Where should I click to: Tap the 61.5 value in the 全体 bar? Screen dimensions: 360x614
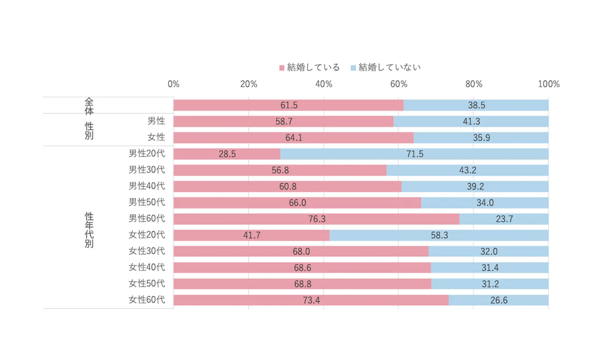(x=289, y=105)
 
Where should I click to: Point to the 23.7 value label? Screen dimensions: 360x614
(x=504, y=219)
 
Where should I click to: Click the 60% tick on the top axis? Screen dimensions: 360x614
(x=399, y=84)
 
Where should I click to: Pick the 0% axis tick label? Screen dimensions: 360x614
(x=173, y=84)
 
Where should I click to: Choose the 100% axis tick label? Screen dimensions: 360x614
(x=548, y=84)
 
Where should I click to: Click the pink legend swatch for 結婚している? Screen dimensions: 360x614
(x=282, y=68)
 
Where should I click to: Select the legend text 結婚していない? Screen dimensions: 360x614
(x=390, y=68)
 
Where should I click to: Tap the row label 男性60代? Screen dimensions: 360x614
(x=147, y=218)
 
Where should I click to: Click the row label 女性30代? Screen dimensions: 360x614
(x=147, y=251)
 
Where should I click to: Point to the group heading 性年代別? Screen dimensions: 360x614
(x=89, y=230)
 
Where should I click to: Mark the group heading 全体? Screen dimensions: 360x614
(x=89, y=106)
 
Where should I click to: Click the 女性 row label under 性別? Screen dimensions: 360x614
(x=156, y=137)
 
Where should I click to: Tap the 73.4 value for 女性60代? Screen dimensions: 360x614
(x=311, y=300)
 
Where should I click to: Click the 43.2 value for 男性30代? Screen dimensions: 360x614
(x=467, y=170)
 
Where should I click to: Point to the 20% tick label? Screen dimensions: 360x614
(x=249, y=84)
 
